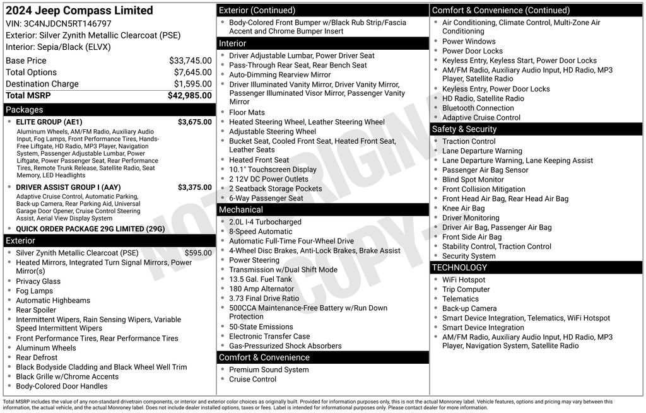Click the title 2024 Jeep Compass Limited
(79, 11)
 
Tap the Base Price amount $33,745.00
(190, 61)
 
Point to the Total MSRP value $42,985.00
(189, 95)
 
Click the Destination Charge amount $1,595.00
(192, 84)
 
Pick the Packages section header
(25, 110)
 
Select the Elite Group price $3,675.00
(194, 122)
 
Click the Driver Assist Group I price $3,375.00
(194, 187)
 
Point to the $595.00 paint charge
(198, 253)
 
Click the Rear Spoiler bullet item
(36, 310)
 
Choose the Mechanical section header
(240, 209)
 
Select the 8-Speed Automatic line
(261, 231)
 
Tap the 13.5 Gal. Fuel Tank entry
(261, 279)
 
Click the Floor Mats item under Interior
(247, 112)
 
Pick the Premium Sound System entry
(269, 369)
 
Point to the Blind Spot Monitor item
(473, 180)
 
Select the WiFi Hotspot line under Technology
(464, 280)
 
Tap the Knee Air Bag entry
(464, 208)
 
